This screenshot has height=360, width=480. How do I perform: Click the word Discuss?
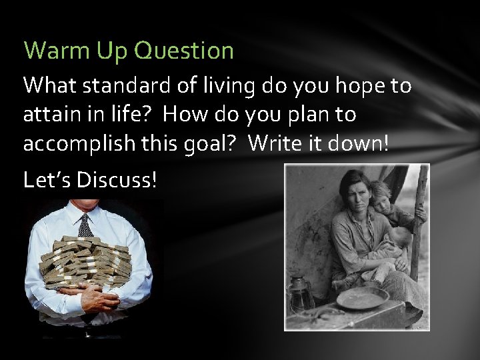click(117, 180)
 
